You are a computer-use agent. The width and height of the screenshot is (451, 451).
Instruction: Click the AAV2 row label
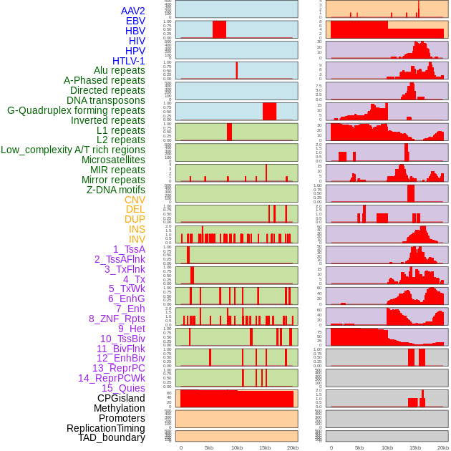tap(132, 11)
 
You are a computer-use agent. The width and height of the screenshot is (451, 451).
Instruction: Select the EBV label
tap(135, 21)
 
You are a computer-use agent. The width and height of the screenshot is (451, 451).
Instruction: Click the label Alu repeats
tap(119, 70)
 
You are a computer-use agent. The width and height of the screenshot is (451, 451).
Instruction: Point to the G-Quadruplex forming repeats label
tap(76, 110)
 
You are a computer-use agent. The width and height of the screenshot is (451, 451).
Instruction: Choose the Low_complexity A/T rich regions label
tap(72, 150)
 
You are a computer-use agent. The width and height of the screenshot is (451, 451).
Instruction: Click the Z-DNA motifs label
tap(115, 190)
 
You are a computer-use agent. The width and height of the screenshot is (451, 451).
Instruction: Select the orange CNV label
tap(135, 200)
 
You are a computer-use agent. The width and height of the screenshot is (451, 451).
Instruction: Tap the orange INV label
tap(137, 239)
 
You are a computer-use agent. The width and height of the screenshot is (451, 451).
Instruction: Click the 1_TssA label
tap(129, 249)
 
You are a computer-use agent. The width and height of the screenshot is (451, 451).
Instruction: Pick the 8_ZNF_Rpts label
tap(117, 319)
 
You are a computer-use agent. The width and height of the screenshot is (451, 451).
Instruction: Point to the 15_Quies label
tap(123, 388)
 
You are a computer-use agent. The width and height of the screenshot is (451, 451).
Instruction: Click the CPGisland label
tap(121, 398)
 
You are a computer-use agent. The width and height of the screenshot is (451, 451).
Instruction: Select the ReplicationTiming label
tap(106, 428)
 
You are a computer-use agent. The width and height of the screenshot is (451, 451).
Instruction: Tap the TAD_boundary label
tap(111, 437)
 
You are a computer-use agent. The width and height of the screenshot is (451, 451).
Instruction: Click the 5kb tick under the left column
tap(209, 447)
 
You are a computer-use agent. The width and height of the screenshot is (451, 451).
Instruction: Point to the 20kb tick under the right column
tap(443, 447)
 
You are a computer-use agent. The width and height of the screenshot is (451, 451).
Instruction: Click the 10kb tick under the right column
tap(387, 447)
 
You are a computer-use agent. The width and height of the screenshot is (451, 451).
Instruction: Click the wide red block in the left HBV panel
tap(219, 29)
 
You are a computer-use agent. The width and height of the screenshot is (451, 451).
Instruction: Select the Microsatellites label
tap(113, 160)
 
